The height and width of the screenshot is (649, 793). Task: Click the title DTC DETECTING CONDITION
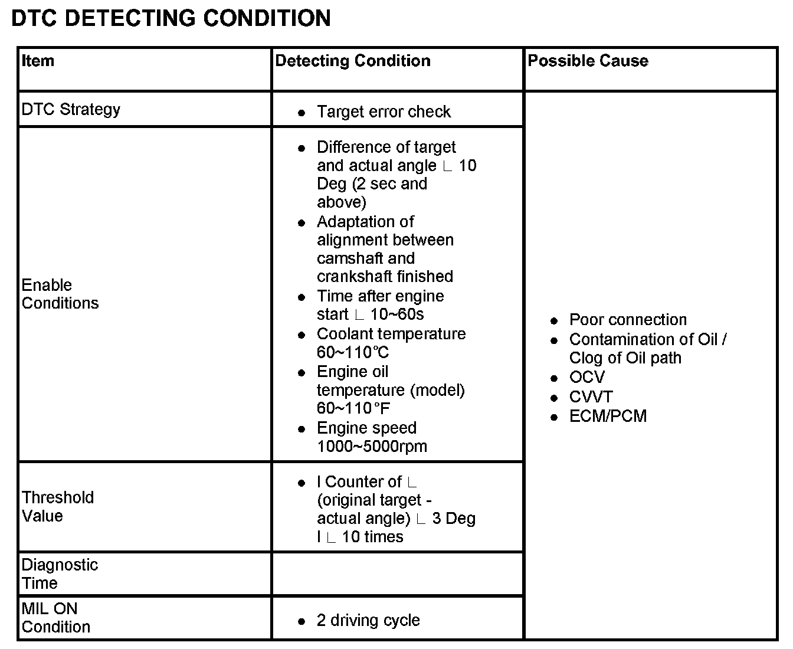(x=171, y=18)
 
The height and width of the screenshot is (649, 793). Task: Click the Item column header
(x=38, y=61)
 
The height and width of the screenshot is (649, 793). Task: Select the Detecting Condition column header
(x=353, y=61)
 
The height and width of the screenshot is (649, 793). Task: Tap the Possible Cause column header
(x=588, y=61)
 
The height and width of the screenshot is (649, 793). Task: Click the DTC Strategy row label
(x=71, y=109)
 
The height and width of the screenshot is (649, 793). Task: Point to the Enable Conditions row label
(x=60, y=294)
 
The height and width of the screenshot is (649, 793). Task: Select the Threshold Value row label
(x=58, y=506)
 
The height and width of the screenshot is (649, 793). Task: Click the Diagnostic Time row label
(x=60, y=573)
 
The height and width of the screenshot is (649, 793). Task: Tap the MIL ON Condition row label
(x=55, y=617)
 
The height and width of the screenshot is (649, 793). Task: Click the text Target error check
(x=384, y=112)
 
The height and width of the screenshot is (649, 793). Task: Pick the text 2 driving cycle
(x=368, y=620)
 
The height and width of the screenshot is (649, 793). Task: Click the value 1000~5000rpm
(x=372, y=446)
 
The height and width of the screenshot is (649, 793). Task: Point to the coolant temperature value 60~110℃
(x=353, y=353)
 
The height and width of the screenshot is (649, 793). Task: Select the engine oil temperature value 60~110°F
(x=353, y=408)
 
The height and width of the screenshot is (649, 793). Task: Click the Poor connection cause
(x=628, y=320)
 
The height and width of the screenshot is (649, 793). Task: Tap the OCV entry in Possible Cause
(x=586, y=377)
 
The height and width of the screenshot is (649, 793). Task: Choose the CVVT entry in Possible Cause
(x=591, y=396)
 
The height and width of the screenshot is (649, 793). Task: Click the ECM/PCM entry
(x=608, y=416)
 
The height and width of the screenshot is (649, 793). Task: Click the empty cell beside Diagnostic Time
(x=397, y=574)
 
